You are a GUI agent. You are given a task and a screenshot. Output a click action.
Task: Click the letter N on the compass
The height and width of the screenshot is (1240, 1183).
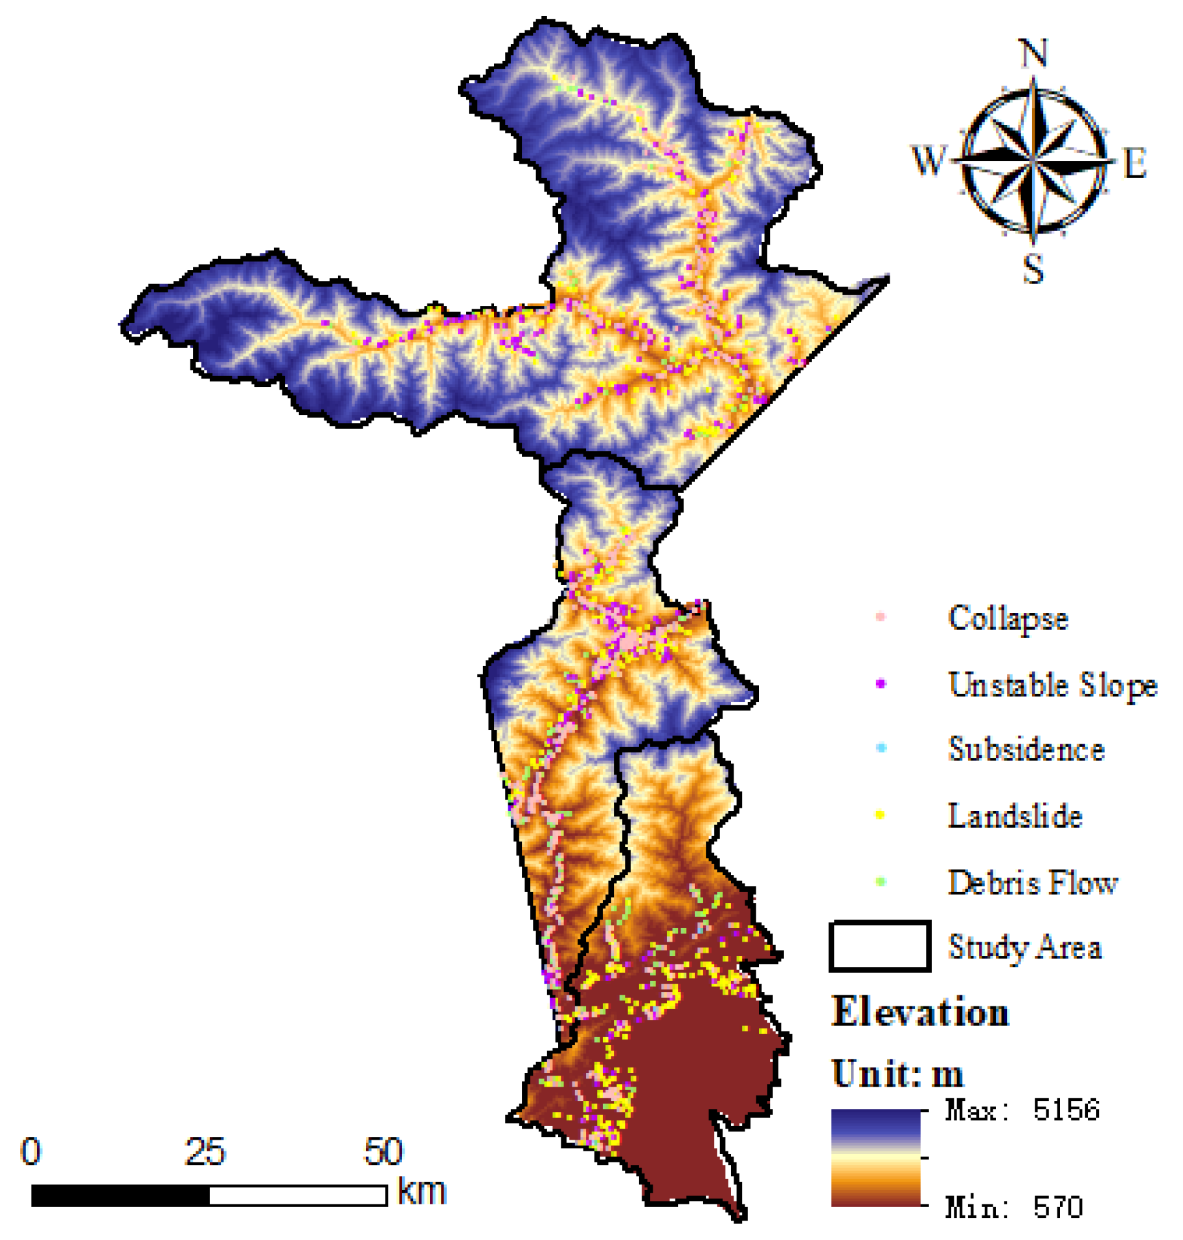pyautogui.click(x=1033, y=53)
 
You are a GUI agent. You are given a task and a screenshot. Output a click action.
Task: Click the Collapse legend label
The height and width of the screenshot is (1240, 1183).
pyautogui.click(x=1008, y=619)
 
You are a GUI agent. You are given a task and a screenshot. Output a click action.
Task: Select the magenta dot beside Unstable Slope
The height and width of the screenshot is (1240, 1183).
pyautogui.click(x=881, y=683)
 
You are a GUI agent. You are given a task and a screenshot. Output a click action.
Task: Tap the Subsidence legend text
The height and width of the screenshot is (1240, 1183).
pyautogui.click(x=1026, y=749)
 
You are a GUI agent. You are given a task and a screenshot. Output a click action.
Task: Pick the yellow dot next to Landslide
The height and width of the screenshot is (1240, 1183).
pyautogui.click(x=880, y=815)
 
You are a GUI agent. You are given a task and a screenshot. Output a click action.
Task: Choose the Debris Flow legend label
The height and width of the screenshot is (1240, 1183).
pyautogui.click(x=1032, y=882)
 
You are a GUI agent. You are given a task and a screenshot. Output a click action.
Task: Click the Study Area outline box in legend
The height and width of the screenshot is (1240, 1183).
pyautogui.click(x=879, y=946)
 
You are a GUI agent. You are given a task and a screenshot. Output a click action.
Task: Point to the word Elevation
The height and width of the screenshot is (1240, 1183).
pyautogui.click(x=920, y=1011)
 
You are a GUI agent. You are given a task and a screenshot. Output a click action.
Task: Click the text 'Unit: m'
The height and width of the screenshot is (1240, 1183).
pyautogui.click(x=897, y=1074)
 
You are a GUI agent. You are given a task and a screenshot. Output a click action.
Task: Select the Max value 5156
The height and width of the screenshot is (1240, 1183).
pyautogui.click(x=1066, y=1110)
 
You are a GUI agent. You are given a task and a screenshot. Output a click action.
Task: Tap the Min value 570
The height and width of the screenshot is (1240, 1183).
pyautogui.click(x=1057, y=1208)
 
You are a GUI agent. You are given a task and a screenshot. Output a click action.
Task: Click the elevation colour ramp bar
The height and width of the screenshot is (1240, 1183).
pyautogui.click(x=875, y=1158)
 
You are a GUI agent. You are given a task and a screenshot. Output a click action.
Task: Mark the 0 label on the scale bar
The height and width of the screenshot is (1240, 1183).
pyautogui.click(x=31, y=1152)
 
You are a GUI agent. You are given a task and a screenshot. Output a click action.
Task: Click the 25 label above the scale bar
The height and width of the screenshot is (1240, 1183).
pyautogui.click(x=205, y=1152)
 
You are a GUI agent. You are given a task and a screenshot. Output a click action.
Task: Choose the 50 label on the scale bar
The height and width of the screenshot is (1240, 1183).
pyautogui.click(x=383, y=1152)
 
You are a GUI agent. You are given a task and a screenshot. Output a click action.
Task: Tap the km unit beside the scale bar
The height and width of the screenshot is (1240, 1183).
pyautogui.click(x=422, y=1191)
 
